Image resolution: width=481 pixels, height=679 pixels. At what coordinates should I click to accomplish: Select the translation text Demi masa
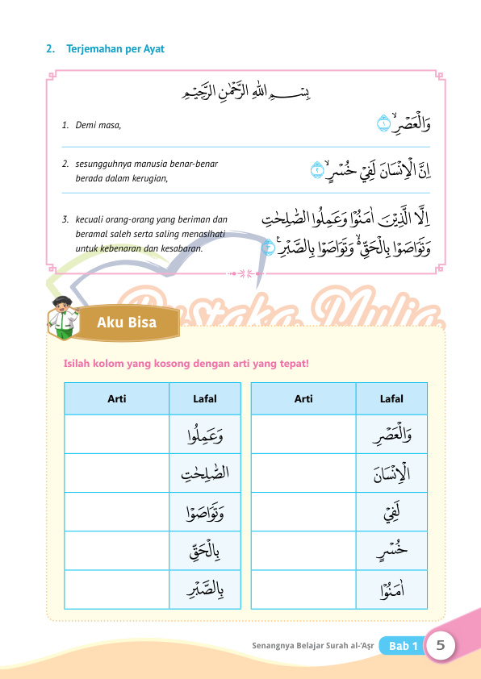tap(98, 126)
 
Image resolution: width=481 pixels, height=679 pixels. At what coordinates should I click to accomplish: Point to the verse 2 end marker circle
tap(317, 171)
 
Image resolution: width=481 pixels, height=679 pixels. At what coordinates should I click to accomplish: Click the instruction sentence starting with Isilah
tap(186, 364)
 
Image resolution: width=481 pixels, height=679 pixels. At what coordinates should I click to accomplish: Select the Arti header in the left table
tap(116, 398)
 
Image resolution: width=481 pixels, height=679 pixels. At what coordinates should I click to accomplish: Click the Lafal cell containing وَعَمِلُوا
tap(205, 435)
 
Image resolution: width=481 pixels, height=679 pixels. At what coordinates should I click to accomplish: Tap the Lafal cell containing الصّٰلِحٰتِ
tap(205, 473)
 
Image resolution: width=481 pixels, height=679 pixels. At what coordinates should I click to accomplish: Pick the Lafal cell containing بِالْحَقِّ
tap(205, 552)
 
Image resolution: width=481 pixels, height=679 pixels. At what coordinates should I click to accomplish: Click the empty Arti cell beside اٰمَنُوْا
tap(303, 590)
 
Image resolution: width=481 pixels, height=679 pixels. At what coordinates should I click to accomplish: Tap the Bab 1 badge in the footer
tap(403, 646)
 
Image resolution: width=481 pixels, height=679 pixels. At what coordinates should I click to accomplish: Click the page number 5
tap(441, 645)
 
